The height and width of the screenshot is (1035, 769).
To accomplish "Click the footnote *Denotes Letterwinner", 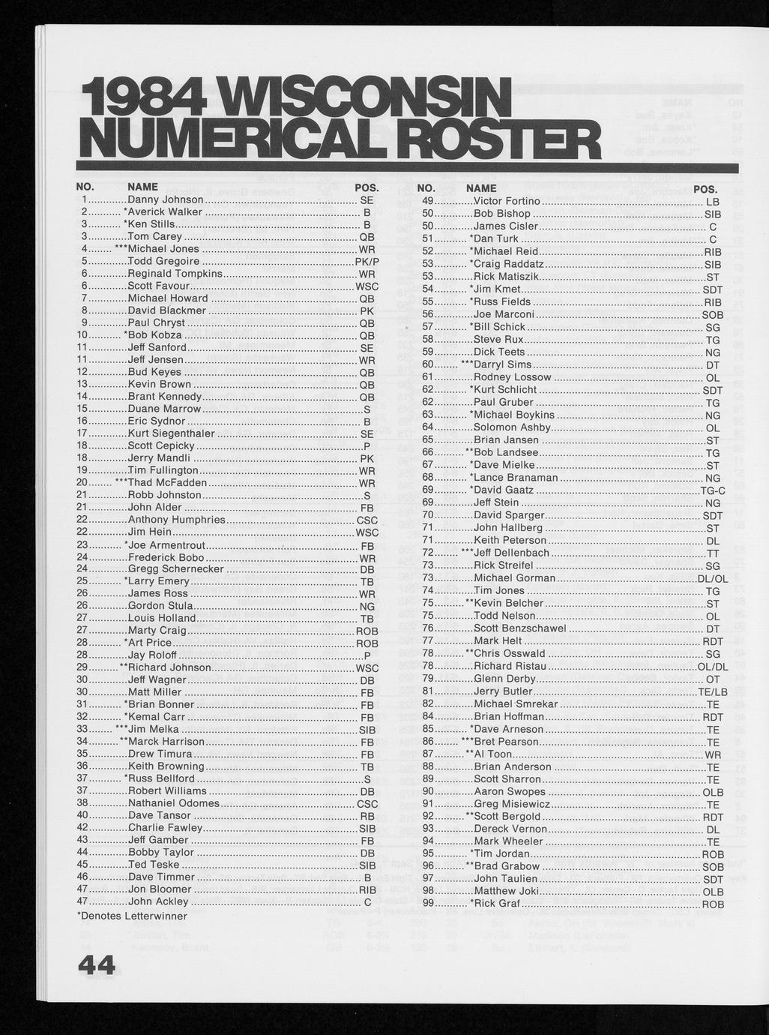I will click(132, 915).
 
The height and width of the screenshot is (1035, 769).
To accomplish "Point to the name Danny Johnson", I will click(166, 199).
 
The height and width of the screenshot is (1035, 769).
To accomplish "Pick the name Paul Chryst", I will click(157, 322).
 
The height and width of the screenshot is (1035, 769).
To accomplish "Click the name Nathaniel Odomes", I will click(174, 803).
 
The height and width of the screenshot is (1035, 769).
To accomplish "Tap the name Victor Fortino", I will click(507, 201).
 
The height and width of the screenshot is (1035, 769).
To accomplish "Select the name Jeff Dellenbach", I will click(512, 553).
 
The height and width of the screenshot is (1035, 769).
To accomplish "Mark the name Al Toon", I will click(493, 754).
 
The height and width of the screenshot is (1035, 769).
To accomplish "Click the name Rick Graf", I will click(497, 903).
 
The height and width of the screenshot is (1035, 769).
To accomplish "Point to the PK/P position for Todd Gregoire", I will click(367, 261).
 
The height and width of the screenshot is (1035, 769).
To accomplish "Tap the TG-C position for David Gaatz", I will click(713, 490).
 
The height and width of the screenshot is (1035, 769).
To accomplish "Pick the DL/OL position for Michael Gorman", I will click(712, 578).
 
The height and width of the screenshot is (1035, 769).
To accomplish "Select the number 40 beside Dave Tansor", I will click(83, 815).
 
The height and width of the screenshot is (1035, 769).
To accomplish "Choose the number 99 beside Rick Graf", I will click(429, 903).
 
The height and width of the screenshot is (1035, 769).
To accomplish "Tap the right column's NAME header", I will click(481, 188).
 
